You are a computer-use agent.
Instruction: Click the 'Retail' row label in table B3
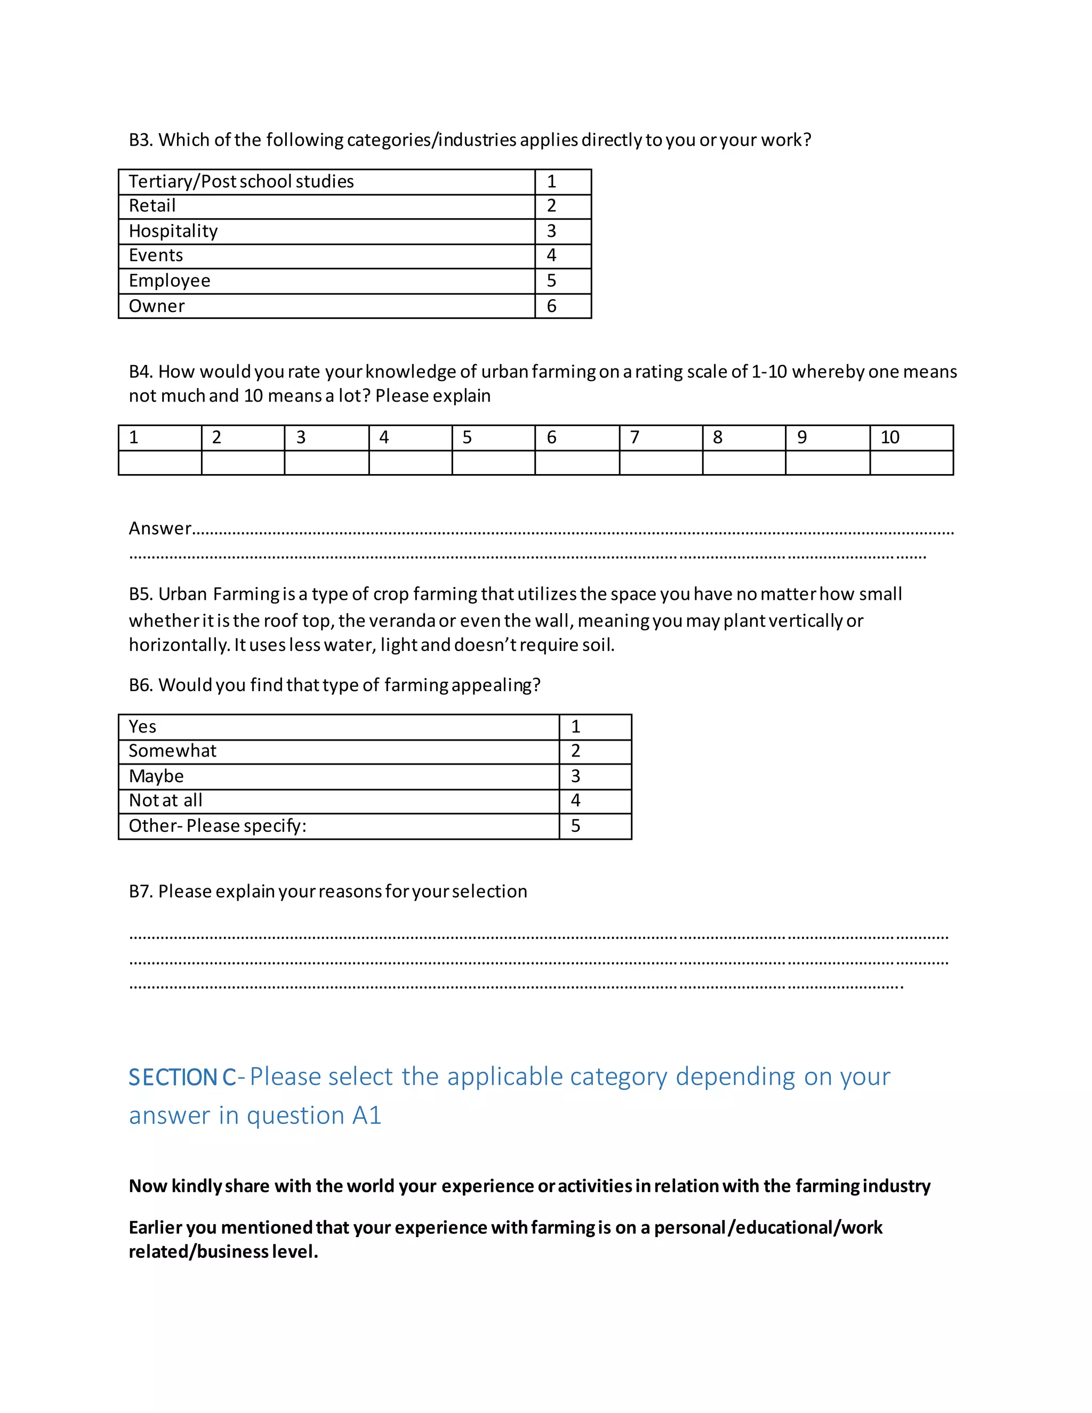tap(152, 206)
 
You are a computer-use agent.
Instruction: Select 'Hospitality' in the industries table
tap(173, 231)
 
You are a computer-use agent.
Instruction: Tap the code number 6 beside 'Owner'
tap(551, 306)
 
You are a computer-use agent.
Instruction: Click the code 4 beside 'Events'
tap(551, 255)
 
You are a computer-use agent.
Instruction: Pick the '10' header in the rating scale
tap(889, 437)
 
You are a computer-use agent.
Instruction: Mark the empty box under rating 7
tap(661, 463)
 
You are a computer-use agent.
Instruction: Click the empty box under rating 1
tap(160, 463)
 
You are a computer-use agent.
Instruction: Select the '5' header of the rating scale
tap(467, 437)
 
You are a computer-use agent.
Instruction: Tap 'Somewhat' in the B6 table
tap(172, 751)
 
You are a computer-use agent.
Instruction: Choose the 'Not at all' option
tap(166, 801)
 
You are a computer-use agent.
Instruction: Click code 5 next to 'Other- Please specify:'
tap(575, 826)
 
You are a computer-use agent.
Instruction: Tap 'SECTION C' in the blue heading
tap(182, 1077)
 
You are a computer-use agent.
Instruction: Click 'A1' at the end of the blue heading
tap(366, 1116)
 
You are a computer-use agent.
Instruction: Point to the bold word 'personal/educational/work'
tap(768, 1227)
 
